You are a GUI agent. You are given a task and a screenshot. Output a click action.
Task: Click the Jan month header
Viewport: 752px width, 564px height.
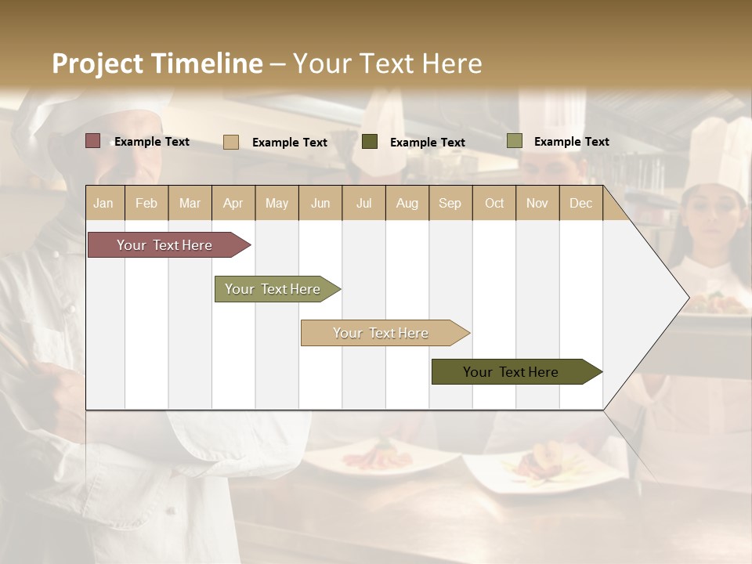point(103,203)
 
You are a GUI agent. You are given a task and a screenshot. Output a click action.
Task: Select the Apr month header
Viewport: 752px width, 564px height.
point(233,203)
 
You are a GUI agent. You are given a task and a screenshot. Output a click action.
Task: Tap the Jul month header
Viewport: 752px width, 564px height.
point(363,203)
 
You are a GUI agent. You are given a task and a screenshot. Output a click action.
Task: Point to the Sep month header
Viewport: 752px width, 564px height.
point(450,203)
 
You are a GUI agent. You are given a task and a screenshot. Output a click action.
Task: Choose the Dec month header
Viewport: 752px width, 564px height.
point(580,203)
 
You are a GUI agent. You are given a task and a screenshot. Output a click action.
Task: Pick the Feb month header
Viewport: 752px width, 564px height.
point(146,203)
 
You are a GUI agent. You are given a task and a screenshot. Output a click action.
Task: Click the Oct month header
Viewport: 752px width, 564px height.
point(494,203)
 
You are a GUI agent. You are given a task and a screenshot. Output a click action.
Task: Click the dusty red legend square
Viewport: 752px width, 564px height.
point(93,141)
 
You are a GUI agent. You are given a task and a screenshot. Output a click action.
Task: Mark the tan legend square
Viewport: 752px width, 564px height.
point(231,142)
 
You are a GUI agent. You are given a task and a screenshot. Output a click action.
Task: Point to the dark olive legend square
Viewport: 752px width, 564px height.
point(370,141)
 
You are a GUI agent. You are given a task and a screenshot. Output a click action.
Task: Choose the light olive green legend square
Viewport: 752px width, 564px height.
point(514,141)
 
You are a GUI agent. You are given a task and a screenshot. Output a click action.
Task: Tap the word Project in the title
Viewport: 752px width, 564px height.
point(98,63)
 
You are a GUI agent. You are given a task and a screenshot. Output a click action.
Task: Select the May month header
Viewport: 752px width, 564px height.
point(277,203)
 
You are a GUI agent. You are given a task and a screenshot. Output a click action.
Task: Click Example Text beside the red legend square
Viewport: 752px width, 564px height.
point(152,142)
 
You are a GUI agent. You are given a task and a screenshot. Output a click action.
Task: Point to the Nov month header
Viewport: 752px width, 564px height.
point(537,203)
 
